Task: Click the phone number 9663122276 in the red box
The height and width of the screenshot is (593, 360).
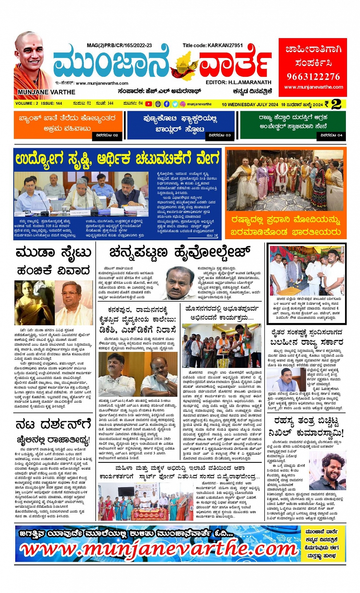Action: tap(313, 77)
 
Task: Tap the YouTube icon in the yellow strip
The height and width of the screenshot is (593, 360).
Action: tap(149, 104)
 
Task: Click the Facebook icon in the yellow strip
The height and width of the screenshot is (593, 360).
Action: tap(166, 104)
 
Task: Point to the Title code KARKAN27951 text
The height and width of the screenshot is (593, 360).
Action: tap(213, 45)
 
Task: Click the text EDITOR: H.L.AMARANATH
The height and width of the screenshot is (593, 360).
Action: tap(238, 82)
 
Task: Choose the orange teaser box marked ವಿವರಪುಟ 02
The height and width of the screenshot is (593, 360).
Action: tap(67, 125)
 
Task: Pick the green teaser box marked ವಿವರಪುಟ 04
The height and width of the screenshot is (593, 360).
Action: tap(293, 125)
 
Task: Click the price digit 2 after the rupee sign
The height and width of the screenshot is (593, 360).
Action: tap(336, 104)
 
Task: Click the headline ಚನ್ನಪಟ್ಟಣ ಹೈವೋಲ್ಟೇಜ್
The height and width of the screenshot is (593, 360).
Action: tap(180, 252)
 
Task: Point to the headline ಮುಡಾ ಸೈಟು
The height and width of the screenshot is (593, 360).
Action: tap(54, 253)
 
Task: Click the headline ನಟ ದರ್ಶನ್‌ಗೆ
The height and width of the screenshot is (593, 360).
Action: tap(54, 424)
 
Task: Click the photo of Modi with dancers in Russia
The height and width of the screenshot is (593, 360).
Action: tap(286, 180)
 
